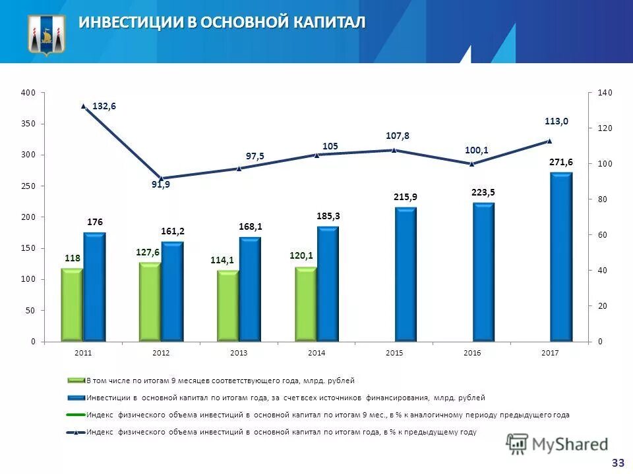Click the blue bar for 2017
point(561,257)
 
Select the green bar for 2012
point(150,302)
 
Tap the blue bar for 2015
point(406,274)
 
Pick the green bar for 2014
point(305,303)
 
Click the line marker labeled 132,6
point(84,106)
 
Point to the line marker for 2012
point(161,178)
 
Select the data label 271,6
point(561,162)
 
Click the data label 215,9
point(406,197)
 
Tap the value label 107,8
point(398,136)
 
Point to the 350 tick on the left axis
point(28,124)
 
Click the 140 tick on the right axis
point(605,93)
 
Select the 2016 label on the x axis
point(472,354)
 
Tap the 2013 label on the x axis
point(239,354)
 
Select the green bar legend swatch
point(75,381)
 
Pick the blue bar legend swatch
point(75,398)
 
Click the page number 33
point(618,463)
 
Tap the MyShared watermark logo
point(557,444)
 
